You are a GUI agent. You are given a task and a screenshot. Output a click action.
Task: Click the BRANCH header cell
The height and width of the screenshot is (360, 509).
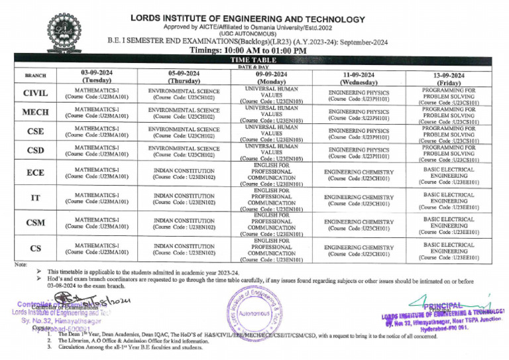(34, 76)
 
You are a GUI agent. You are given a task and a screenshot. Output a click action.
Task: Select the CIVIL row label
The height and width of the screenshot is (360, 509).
(34, 93)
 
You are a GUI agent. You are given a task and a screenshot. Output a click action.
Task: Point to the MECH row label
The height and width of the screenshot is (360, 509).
(34, 113)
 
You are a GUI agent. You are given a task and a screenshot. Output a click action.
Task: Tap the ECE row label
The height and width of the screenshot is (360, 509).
(34, 172)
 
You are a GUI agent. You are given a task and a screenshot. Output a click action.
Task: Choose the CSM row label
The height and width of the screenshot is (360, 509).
(34, 223)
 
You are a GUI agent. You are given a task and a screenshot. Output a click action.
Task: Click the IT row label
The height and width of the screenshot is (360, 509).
(34, 198)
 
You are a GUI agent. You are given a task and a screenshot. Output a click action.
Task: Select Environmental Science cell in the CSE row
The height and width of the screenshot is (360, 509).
(184, 133)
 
